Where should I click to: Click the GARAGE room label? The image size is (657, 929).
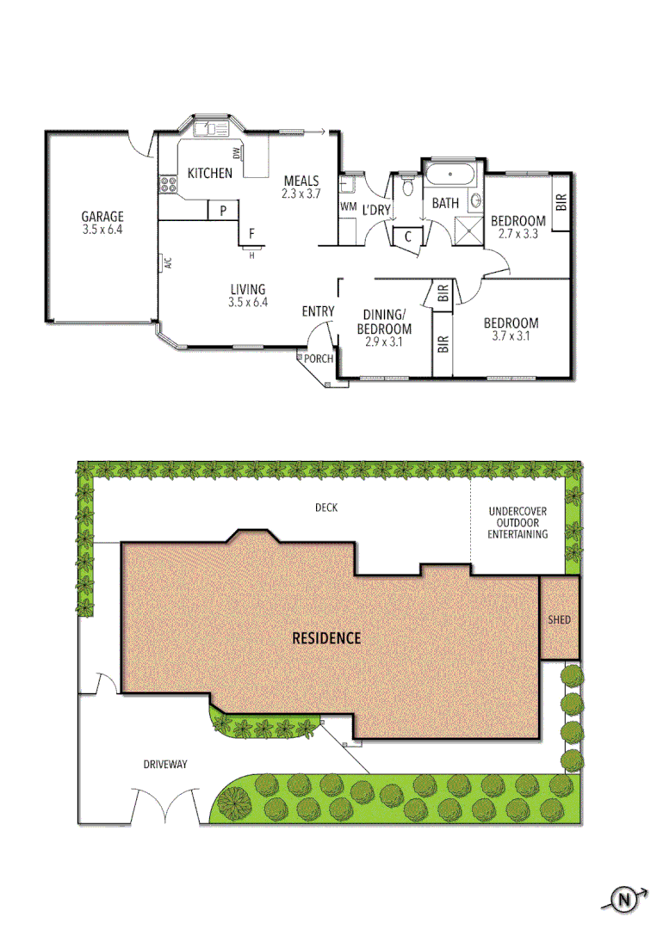click(102, 217)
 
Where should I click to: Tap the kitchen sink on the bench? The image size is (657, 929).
click(210, 130)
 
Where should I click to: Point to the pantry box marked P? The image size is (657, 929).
click(223, 210)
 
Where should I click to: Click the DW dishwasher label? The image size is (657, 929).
click(235, 154)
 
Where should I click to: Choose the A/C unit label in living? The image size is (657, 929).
click(169, 263)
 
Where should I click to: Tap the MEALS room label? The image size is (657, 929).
click(301, 181)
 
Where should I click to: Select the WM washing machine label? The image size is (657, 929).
click(348, 206)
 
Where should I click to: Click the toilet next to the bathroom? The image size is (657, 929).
click(407, 188)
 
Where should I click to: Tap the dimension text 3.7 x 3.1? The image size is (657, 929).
click(517, 336)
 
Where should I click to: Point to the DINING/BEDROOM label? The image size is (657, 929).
click(386, 322)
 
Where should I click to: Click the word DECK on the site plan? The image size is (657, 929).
click(326, 508)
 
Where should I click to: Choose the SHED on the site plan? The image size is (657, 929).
click(559, 619)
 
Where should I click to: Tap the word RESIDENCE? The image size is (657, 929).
click(326, 638)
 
